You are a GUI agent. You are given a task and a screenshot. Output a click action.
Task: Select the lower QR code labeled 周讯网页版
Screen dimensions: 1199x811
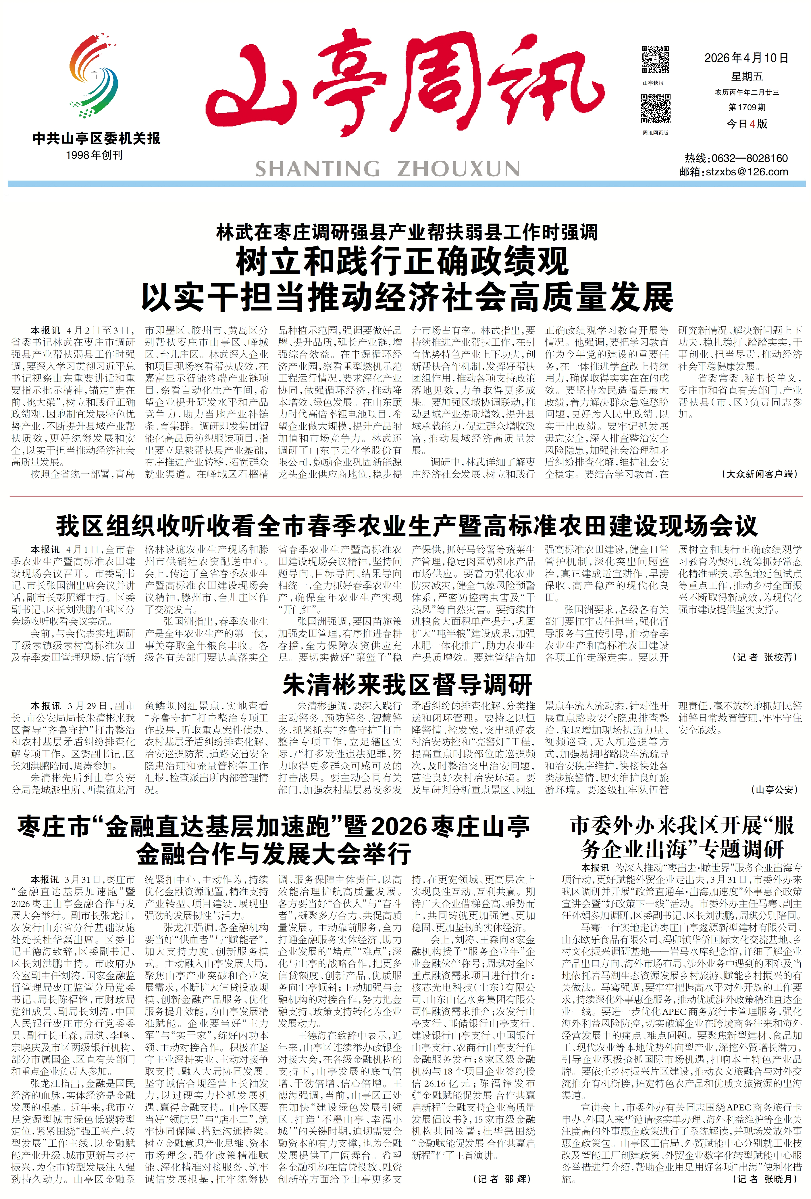pyautogui.click(x=655, y=108)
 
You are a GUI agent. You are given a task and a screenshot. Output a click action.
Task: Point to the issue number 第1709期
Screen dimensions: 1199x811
pyautogui.click(x=747, y=107)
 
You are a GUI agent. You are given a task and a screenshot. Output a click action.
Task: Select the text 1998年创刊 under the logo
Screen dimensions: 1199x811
pyautogui.click(x=94, y=155)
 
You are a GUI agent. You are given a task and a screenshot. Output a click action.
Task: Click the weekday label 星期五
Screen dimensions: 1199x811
pyautogui.click(x=747, y=77)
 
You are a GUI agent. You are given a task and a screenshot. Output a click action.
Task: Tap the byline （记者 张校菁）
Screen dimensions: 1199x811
pyautogui.click(x=764, y=657)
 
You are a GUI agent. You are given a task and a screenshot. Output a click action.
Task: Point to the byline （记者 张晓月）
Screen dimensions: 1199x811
pyautogui.click(x=764, y=1179)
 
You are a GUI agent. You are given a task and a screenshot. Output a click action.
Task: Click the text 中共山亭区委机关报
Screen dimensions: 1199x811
pyautogui.click(x=97, y=138)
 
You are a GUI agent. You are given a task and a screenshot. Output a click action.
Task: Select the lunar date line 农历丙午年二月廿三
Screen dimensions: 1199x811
pyautogui.click(x=747, y=93)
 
